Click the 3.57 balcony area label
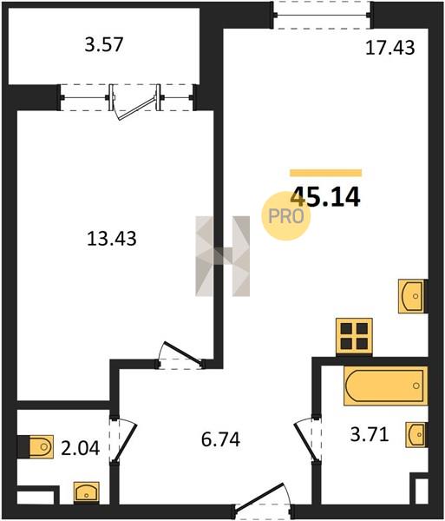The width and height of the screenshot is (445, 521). coord(104,44)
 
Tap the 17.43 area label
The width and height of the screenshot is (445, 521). coord(389,48)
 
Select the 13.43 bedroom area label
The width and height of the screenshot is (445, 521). coord(112,239)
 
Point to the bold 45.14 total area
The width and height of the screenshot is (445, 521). coord(325,197)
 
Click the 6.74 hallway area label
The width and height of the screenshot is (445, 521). coord(220,439)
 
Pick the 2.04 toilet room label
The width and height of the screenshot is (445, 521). coord(81,448)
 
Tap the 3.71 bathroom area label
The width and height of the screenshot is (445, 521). coord(370,435)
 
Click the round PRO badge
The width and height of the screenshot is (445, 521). coord(286,216)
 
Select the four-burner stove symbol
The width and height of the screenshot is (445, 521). coord(354,336)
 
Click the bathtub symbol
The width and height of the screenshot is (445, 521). coord(385,386)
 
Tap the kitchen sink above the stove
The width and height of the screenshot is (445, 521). coord(412,296)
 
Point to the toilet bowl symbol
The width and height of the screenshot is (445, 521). coord(41,446)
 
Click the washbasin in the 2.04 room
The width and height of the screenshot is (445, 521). coord(86,491)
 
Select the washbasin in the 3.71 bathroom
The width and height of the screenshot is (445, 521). coord(416,435)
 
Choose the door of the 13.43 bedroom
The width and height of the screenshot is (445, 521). coord(180,355)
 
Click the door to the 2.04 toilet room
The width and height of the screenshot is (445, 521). coord(123,439)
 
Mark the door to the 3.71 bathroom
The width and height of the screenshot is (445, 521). coord(308,439)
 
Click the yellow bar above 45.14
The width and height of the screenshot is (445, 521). coord(325,173)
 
